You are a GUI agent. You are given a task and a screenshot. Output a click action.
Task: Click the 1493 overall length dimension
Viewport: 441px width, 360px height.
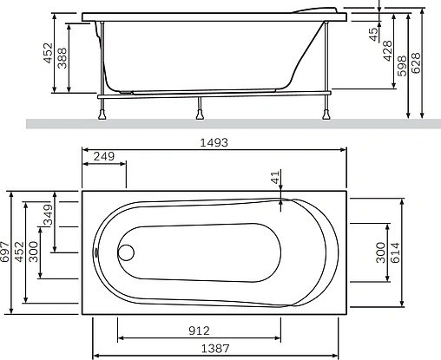(x=214, y=142)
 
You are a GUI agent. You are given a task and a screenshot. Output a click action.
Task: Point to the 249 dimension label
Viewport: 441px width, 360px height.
(x=104, y=156)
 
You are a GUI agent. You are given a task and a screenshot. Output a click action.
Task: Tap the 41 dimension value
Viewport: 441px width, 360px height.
(x=276, y=177)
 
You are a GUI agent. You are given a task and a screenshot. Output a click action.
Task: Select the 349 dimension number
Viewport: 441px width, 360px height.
(x=48, y=215)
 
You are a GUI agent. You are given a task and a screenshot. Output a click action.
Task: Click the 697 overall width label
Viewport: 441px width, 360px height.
(x=5, y=252)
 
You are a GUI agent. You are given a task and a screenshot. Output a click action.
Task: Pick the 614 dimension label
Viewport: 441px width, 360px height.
(x=395, y=252)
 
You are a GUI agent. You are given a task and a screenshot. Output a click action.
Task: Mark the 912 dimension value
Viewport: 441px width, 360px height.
(x=199, y=331)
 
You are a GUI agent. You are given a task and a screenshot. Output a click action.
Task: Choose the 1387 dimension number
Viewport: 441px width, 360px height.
(x=215, y=349)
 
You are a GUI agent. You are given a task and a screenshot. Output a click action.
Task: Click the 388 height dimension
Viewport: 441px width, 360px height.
(x=62, y=58)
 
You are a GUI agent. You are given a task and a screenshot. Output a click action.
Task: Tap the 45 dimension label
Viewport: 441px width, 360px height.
(x=374, y=34)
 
